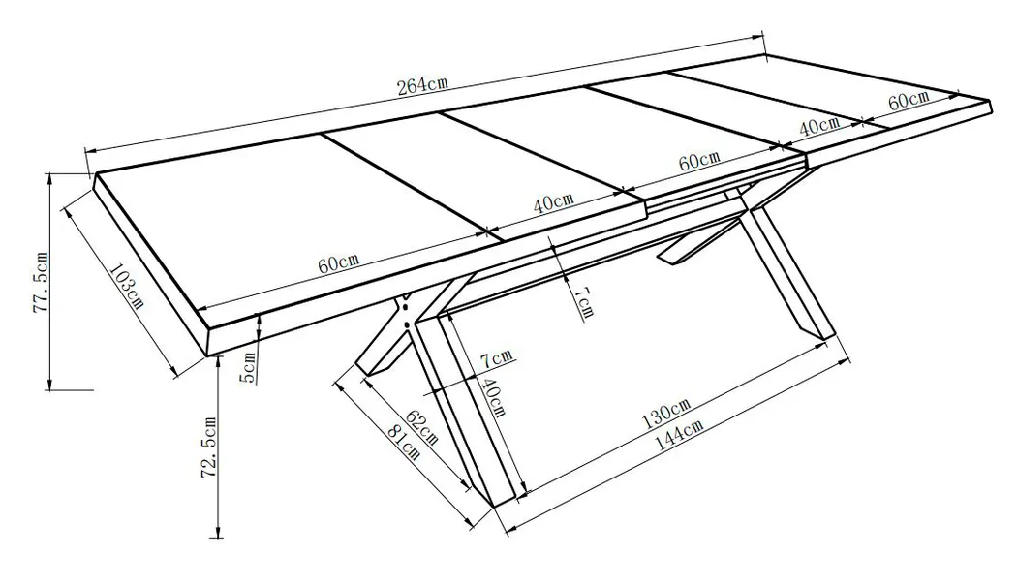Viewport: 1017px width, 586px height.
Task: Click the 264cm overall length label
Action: [422, 85]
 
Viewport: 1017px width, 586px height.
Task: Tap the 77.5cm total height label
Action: [41, 283]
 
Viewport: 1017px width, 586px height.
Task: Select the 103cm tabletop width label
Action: [127, 285]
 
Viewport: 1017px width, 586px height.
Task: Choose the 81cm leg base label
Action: [403, 443]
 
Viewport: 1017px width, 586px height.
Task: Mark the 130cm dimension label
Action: [666, 414]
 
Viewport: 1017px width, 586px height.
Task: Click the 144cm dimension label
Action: [679, 434]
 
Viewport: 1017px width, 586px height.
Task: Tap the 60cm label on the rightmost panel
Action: [909, 101]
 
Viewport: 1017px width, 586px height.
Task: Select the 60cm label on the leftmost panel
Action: [338, 262]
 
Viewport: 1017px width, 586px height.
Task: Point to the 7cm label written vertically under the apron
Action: [583, 302]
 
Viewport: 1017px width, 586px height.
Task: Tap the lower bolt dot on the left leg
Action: [407, 322]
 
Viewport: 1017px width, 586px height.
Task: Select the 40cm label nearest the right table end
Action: [818, 125]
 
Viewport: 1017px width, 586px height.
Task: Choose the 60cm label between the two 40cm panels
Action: [699, 160]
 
